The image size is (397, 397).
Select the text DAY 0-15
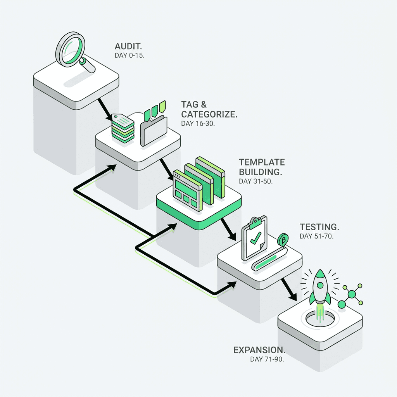pyautogui.click(x=129, y=56)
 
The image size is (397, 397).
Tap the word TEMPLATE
pyautogui.click(x=262, y=162)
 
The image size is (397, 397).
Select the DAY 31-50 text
pyautogui.click(x=256, y=181)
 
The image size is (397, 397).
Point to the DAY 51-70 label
pyautogui.click(x=316, y=236)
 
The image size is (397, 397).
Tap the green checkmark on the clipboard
pyautogui.click(x=255, y=240)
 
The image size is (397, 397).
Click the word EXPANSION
pyautogui.click(x=259, y=350)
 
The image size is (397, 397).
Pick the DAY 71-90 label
pyautogui.click(x=267, y=359)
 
